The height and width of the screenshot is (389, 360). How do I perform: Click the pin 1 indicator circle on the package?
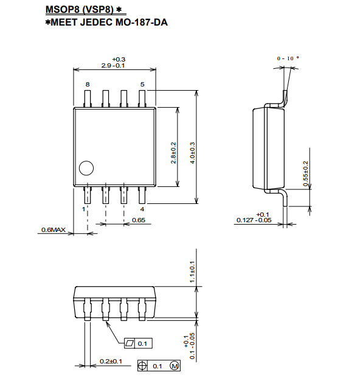pos(86,168)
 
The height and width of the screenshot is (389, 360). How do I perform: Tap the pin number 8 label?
pos(88,85)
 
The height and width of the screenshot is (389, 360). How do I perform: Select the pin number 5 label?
pos(142,85)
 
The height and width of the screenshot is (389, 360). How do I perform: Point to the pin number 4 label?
pos(142,209)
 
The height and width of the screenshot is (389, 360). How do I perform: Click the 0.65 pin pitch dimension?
pos(139,220)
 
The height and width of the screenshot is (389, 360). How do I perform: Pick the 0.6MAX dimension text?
pos(54,230)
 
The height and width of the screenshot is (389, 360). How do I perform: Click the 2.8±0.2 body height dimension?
pos(173,153)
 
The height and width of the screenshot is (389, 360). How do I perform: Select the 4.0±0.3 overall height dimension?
pos(193,153)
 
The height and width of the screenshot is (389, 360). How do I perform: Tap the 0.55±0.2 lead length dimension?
pos(305,173)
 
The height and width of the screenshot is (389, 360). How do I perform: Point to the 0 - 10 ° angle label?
pos(288,58)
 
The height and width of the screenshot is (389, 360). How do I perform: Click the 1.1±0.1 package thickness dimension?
pos(192,272)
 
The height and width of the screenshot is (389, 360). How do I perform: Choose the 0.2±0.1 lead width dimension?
pos(111,361)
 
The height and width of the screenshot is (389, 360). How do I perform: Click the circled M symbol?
pos(175,366)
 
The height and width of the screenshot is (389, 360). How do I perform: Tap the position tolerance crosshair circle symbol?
pos(142,366)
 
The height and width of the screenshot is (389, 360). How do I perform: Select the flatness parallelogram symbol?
pos(130,343)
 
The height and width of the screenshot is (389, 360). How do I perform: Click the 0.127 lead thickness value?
pos(245,220)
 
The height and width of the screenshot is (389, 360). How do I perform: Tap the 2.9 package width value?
pos(106,66)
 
